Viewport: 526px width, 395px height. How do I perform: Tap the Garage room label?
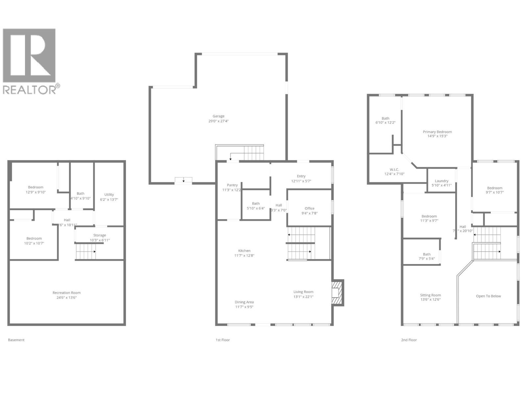click(x=218, y=116)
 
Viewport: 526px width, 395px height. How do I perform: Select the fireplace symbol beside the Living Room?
click(x=337, y=292)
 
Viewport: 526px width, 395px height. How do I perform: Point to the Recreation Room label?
click(x=66, y=293)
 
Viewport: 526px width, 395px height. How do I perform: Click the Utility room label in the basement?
click(x=109, y=195)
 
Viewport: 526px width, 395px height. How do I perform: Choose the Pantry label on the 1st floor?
click(x=232, y=185)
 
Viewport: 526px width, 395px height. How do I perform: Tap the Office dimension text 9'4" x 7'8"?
click(x=309, y=213)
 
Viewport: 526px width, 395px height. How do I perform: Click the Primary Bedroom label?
click(x=437, y=132)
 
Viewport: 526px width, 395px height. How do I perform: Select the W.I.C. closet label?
click(x=394, y=170)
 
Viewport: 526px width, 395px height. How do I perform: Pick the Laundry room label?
click(x=442, y=181)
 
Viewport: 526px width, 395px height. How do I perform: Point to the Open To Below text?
click(x=488, y=296)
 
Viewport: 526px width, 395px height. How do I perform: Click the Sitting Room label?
click(x=430, y=295)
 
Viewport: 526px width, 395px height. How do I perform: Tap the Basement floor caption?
click(x=16, y=340)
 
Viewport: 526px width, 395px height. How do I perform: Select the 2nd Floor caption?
click(x=409, y=340)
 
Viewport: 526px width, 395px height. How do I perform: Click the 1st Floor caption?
click(x=223, y=340)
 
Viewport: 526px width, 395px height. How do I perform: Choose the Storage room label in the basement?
click(x=100, y=235)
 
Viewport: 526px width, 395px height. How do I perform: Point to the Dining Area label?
click(x=244, y=302)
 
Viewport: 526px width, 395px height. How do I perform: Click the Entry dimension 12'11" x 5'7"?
click(x=301, y=181)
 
